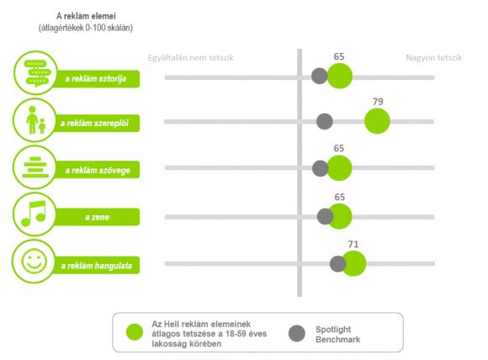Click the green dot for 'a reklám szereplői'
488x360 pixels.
click(377, 121)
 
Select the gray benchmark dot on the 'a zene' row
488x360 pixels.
click(325, 216)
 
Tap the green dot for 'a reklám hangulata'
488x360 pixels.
click(353, 263)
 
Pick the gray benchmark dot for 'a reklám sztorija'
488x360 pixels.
click(320, 76)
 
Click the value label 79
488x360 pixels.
click(378, 102)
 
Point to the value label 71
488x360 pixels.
click(353, 244)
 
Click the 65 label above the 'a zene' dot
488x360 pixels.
click(340, 197)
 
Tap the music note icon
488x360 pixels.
click(34, 214)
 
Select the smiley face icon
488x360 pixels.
click(34, 261)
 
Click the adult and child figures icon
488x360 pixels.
click(36, 120)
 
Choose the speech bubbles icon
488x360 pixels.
click(37, 73)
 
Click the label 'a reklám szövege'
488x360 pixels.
click(98, 170)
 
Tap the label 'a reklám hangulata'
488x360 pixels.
click(97, 266)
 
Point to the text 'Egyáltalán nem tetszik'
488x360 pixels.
click(191, 58)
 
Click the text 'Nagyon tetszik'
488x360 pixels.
click(434, 58)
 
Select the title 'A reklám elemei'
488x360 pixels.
click(86, 16)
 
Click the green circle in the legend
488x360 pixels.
click(135, 332)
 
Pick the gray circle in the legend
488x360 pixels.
click(297, 333)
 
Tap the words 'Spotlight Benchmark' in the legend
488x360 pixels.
click(337, 334)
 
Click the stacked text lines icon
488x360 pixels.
click(35, 167)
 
